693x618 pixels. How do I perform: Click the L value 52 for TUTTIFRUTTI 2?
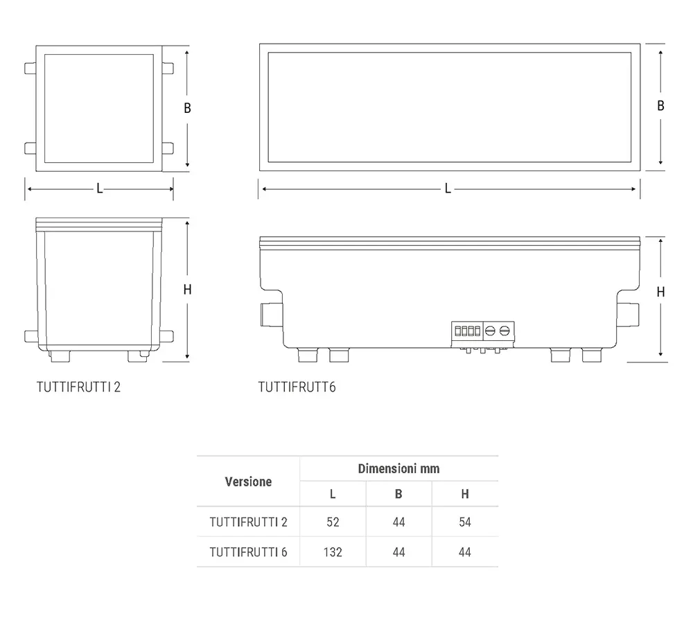333,522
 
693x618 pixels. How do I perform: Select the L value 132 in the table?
333,552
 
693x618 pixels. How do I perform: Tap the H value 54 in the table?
465,522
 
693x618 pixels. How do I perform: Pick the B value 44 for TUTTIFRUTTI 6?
398,552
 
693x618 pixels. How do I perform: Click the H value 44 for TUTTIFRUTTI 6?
465,552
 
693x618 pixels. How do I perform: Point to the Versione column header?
248,482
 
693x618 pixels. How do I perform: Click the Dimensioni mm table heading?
398,468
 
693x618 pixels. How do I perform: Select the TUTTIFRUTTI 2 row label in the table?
248,522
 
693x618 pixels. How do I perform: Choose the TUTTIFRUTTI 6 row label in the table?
248,552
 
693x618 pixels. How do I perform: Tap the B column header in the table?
398,494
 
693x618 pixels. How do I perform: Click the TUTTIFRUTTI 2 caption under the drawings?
79,387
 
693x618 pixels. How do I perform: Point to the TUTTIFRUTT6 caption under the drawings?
297,387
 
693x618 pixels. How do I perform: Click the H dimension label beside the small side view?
187,290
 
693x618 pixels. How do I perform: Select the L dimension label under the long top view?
448,189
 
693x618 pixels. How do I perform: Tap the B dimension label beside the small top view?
187,108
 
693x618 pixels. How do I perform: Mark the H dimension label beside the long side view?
660,292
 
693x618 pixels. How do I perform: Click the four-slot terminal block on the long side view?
467,331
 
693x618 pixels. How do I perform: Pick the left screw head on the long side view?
490,331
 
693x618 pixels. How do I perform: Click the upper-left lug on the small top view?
30,69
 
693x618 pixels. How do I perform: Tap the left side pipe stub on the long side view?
270,314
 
